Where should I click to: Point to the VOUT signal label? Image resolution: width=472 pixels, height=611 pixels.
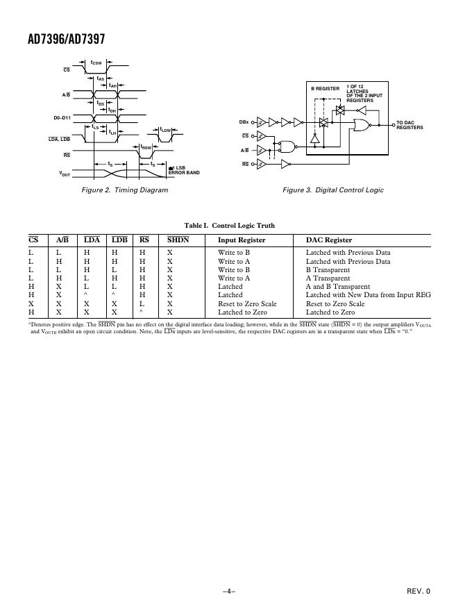65,174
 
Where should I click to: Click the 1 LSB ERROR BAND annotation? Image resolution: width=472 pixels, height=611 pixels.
184,170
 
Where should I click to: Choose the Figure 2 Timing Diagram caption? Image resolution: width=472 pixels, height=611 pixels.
125,190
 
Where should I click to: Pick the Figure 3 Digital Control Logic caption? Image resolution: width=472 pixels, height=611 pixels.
332,190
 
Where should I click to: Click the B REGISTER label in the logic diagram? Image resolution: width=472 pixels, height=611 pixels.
325,89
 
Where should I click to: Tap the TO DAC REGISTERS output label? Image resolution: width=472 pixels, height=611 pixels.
410,125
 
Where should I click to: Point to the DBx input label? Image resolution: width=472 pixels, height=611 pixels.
244,122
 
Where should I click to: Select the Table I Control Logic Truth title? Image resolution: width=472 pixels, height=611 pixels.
229,226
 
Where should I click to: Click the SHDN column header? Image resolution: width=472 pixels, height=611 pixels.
178,240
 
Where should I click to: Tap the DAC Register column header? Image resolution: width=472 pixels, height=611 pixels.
329,240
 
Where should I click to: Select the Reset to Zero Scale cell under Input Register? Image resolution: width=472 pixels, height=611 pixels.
247,303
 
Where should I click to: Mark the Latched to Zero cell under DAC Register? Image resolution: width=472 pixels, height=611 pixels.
330,312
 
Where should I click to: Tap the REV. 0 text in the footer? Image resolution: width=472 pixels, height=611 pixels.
419,592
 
